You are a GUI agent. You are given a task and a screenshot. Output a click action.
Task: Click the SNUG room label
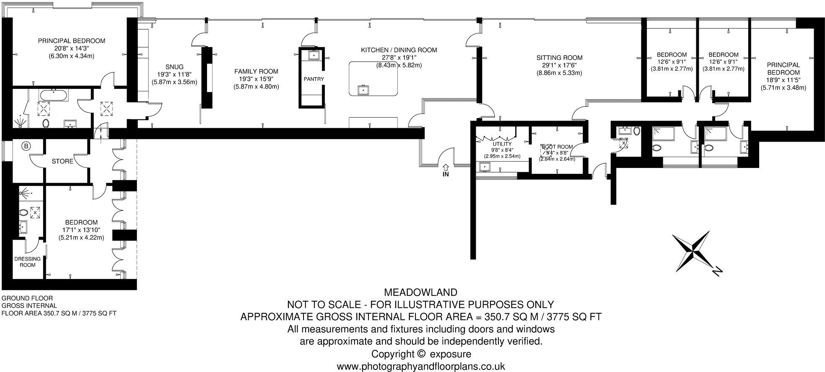(x=174, y=67)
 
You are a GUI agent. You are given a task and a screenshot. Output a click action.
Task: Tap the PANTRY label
(x=314, y=79)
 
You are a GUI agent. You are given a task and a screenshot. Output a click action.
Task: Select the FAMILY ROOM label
(x=256, y=72)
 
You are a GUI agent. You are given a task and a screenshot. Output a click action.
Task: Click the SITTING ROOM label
(x=559, y=58)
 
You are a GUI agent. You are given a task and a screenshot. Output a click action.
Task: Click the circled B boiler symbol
(x=26, y=146)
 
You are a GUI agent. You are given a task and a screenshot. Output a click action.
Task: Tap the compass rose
(x=695, y=253)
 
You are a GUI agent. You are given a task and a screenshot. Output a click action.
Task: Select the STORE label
(x=62, y=161)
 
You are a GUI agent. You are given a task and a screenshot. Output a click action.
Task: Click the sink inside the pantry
(x=313, y=55)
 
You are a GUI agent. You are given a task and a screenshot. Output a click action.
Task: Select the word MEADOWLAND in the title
(x=420, y=292)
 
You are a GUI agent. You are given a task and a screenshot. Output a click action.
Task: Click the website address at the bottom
(x=421, y=366)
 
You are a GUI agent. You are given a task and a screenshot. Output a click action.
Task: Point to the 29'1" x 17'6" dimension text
(x=559, y=65)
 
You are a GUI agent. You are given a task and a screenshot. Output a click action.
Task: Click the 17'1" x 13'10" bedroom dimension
(x=81, y=230)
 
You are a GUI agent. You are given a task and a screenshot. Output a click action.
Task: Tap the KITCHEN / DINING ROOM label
(x=399, y=50)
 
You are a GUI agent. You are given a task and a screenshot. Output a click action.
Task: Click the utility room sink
(x=485, y=167)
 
